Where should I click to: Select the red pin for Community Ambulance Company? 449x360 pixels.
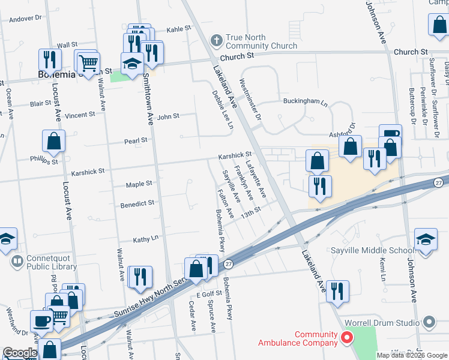346,338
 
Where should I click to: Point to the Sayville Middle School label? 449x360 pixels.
369,250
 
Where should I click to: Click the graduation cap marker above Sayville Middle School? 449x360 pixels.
426,240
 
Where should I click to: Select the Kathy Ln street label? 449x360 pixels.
145,238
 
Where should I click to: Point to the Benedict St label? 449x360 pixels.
137,203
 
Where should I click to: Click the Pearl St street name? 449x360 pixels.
136,140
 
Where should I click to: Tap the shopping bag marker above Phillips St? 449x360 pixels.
54,142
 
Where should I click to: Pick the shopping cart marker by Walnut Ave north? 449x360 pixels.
89,62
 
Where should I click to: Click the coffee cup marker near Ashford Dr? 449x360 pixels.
390,134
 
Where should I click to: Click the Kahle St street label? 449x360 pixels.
178,28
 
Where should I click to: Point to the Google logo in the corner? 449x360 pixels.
19,353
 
